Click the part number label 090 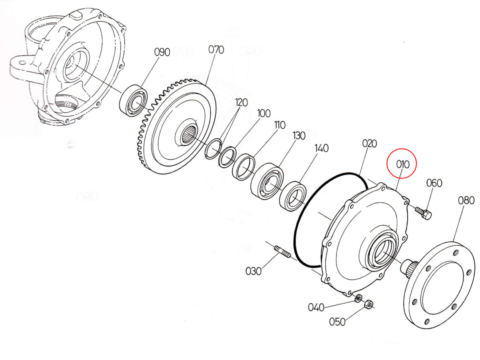(162, 52)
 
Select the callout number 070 (216, 50)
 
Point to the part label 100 (264, 113)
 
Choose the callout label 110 (279, 125)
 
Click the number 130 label (299, 136)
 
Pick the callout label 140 (321, 148)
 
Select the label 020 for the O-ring (370, 143)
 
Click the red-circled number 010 (402, 164)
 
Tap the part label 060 (434, 183)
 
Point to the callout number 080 (466, 200)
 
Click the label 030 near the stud (253, 271)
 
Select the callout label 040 (316, 307)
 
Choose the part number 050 (337, 322)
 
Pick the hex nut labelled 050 (368, 305)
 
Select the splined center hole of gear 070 (190, 136)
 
